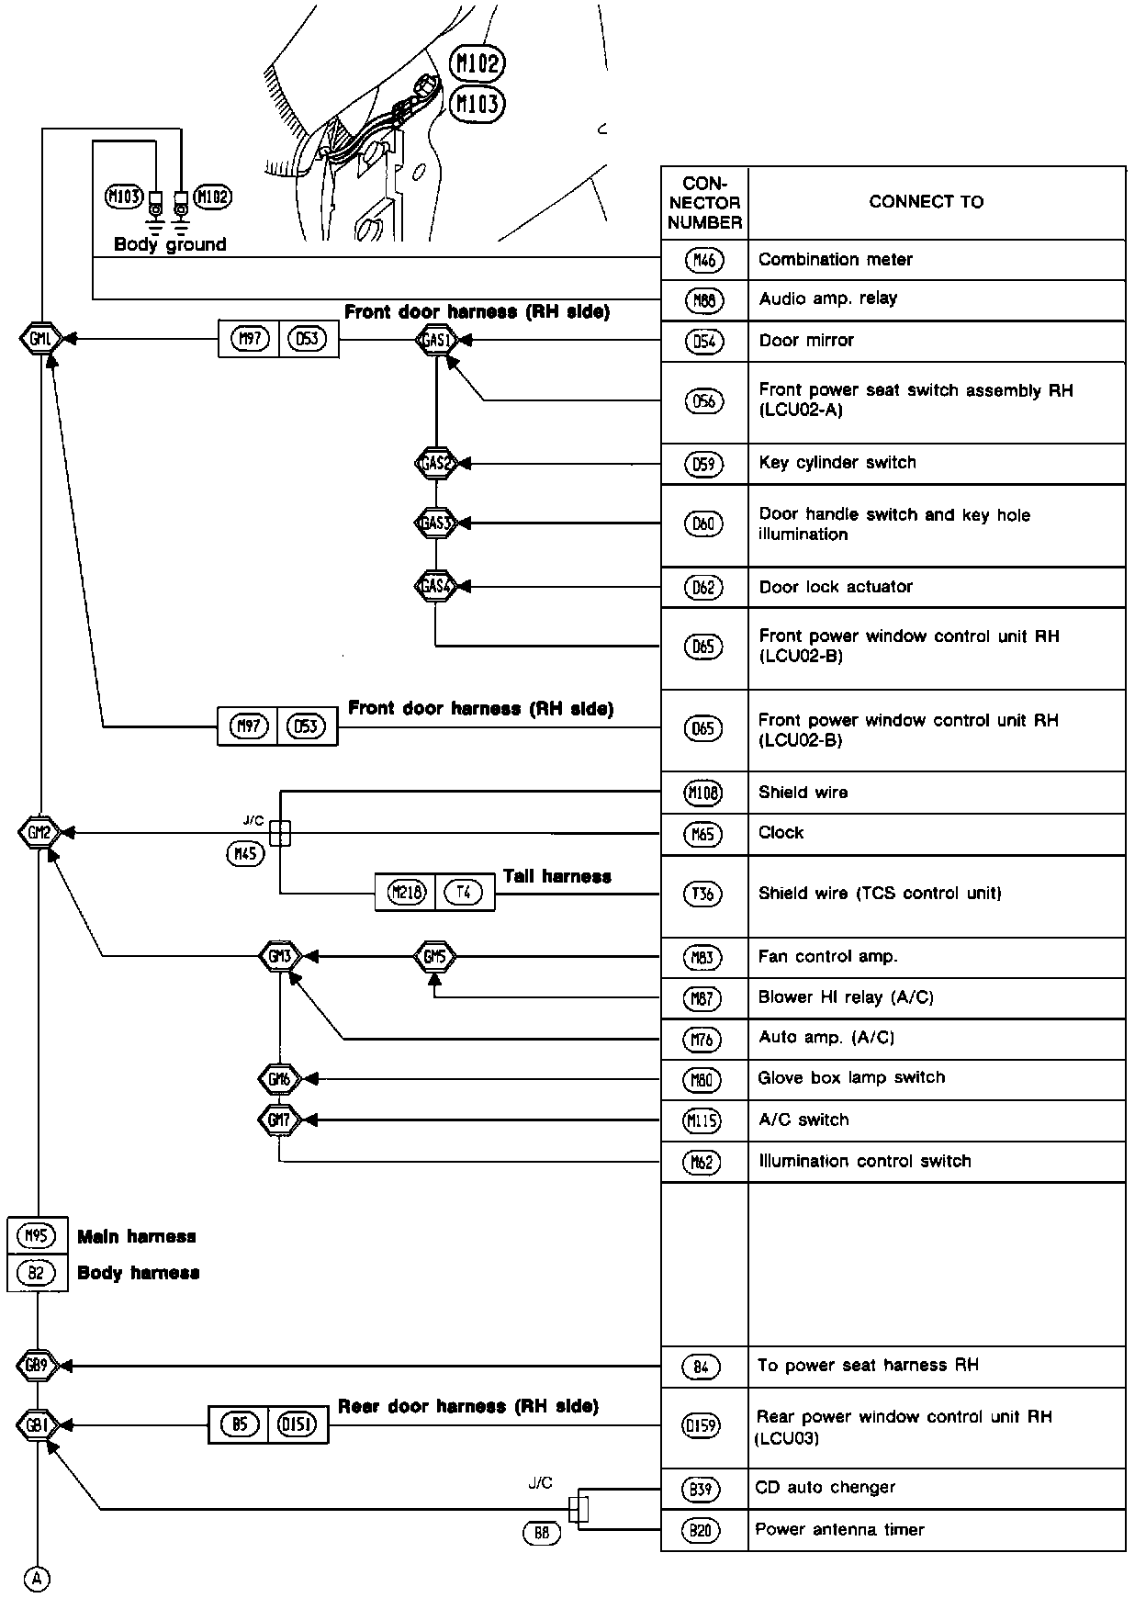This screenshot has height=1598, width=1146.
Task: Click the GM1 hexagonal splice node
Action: pos(39,339)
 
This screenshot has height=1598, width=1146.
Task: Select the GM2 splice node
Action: pos(39,833)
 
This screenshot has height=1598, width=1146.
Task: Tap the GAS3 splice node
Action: pos(436,523)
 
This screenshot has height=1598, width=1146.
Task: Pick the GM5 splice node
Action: pos(434,957)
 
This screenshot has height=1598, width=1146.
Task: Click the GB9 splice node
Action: pos(37,1366)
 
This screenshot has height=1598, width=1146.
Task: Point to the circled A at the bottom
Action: pos(37,1579)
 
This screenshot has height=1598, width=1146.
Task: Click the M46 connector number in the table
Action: pos(704,261)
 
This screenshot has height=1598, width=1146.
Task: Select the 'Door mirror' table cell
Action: pos(806,341)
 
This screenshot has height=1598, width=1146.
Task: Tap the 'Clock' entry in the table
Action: pos(781,833)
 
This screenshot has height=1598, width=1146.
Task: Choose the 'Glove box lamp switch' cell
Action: pos(851,1078)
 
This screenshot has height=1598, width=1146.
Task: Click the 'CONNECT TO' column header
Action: pos(926,202)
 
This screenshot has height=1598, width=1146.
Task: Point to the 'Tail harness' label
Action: pos(556,876)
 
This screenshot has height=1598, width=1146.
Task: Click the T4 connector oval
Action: pos(464,892)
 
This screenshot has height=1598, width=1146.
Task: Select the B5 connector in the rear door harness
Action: pos(240,1425)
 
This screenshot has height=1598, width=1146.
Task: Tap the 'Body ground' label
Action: pos(170,244)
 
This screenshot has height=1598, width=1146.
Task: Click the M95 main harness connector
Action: pos(36,1236)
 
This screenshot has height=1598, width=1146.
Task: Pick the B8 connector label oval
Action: pos(541,1533)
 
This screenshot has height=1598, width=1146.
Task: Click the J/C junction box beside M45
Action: pos(281,833)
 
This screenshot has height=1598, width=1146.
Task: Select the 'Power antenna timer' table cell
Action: pos(839,1530)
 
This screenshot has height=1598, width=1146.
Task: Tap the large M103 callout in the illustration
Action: pos(478,104)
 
